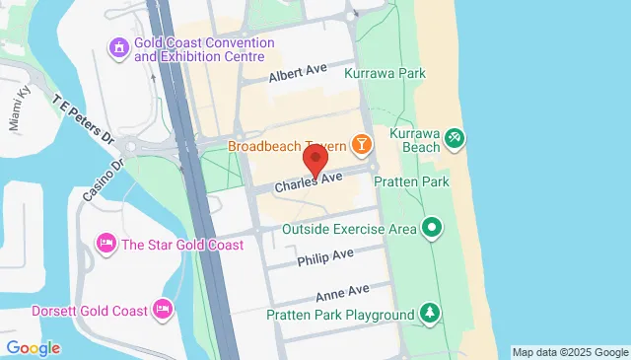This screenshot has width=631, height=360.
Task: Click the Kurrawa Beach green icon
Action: [x=454, y=138]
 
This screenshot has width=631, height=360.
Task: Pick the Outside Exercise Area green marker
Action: [x=431, y=230]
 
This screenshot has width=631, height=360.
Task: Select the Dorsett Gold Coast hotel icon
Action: [x=165, y=310]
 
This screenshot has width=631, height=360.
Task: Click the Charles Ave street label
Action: [x=308, y=182]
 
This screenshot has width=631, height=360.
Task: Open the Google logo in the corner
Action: [x=33, y=347]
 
